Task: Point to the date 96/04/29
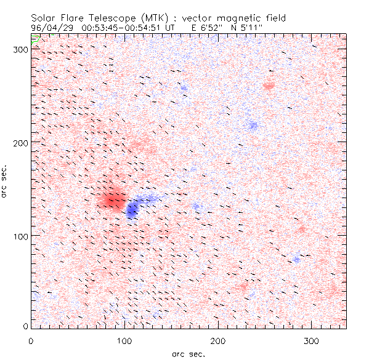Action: click(50, 28)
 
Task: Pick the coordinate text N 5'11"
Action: click(249, 28)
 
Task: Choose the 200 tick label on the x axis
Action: click(217, 340)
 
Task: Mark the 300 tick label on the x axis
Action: click(311, 340)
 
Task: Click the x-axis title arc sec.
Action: click(188, 353)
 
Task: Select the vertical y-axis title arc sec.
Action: click(5, 181)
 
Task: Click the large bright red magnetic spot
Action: click(111, 199)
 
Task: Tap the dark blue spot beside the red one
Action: click(132, 210)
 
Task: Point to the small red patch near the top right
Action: click(269, 86)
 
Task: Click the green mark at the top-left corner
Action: click(36, 38)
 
